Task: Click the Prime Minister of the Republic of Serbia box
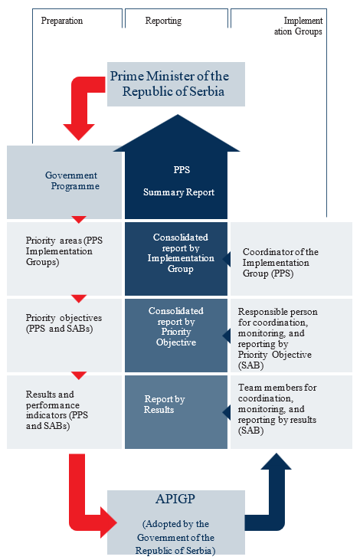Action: pos(176,84)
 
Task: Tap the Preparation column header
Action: pos(62,21)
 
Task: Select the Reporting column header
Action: pos(163,21)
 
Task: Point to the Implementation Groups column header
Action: pos(298,26)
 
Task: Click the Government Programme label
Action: pos(72,181)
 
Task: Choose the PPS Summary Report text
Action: pos(179,181)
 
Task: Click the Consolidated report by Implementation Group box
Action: pos(176,259)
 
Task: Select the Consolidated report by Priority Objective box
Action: pos(176,336)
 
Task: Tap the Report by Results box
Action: pos(176,412)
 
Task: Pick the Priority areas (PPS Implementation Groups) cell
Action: pos(64,259)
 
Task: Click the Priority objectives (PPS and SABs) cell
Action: pos(64,336)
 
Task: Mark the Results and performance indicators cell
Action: pos(64,412)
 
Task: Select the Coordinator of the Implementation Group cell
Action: pos(291,259)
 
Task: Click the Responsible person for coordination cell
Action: pos(291,336)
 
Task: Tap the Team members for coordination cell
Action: pos(291,412)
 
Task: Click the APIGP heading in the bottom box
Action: pos(175,499)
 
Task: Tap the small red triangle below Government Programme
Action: pos(79,219)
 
